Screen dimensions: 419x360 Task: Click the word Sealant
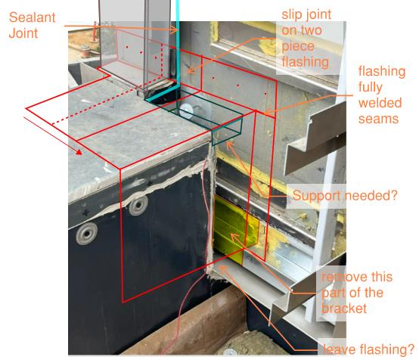pyautogui.click(x=32, y=17)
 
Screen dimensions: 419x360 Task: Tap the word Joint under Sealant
pyautogui.click(x=23, y=33)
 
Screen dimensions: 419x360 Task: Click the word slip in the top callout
pyautogui.click(x=292, y=14)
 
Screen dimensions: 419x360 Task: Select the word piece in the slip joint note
pyautogui.click(x=298, y=47)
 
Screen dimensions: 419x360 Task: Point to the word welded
pyautogui.click(x=380, y=103)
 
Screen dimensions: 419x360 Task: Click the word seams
pyautogui.click(x=378, y=119)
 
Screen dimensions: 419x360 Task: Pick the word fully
pyautogui.click(x=371, y=88)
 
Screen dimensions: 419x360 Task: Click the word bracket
pyautogui.click(x=344, y=309)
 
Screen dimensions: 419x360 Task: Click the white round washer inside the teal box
pyautogui.click(x=187, y=110)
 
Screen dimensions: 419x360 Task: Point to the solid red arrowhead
pyautogui.click(x=79, y=152)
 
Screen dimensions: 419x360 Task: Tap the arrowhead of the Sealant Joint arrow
pyautogui.click(x=175, y=29)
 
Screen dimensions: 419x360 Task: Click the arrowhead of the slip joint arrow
pyautogui.click(x=188, y=71)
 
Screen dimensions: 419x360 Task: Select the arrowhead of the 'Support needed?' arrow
pyautogui.click(x=228, y=144)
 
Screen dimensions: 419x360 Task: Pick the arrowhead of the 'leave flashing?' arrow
pyautogui.click(x=222, y=268)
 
